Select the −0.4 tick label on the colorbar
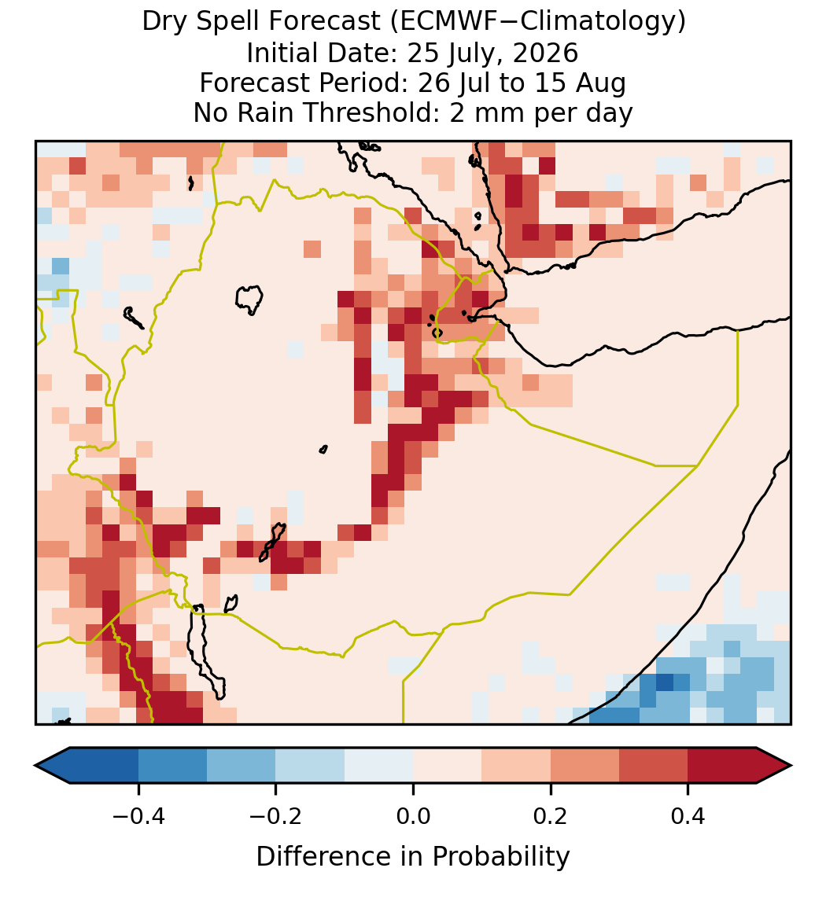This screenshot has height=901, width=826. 138,816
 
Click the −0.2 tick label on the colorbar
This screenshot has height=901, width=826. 276,816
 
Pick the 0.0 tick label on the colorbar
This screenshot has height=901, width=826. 413,816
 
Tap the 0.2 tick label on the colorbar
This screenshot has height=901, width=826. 551,816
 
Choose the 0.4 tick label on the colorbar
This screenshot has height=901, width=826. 688,816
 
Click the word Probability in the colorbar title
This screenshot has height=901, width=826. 500,857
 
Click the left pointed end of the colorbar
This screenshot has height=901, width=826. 35,766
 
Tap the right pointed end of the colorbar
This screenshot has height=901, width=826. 791,766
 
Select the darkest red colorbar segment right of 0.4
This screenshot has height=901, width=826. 722,766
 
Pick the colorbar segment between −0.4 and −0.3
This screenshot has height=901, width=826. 172,766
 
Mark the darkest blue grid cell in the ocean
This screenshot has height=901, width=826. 665,682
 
